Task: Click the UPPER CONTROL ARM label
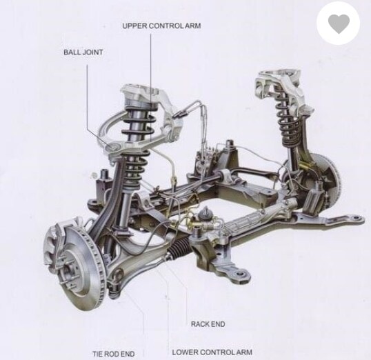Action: (161, 26)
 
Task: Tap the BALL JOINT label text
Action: (83, 52)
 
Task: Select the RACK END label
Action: (208, 324)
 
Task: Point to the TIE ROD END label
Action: (113, 354)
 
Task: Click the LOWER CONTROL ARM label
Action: (212, 352)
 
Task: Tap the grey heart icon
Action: (339, 23)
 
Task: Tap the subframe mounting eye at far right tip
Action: (357, 217)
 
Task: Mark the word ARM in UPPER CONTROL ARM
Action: (192, 26)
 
